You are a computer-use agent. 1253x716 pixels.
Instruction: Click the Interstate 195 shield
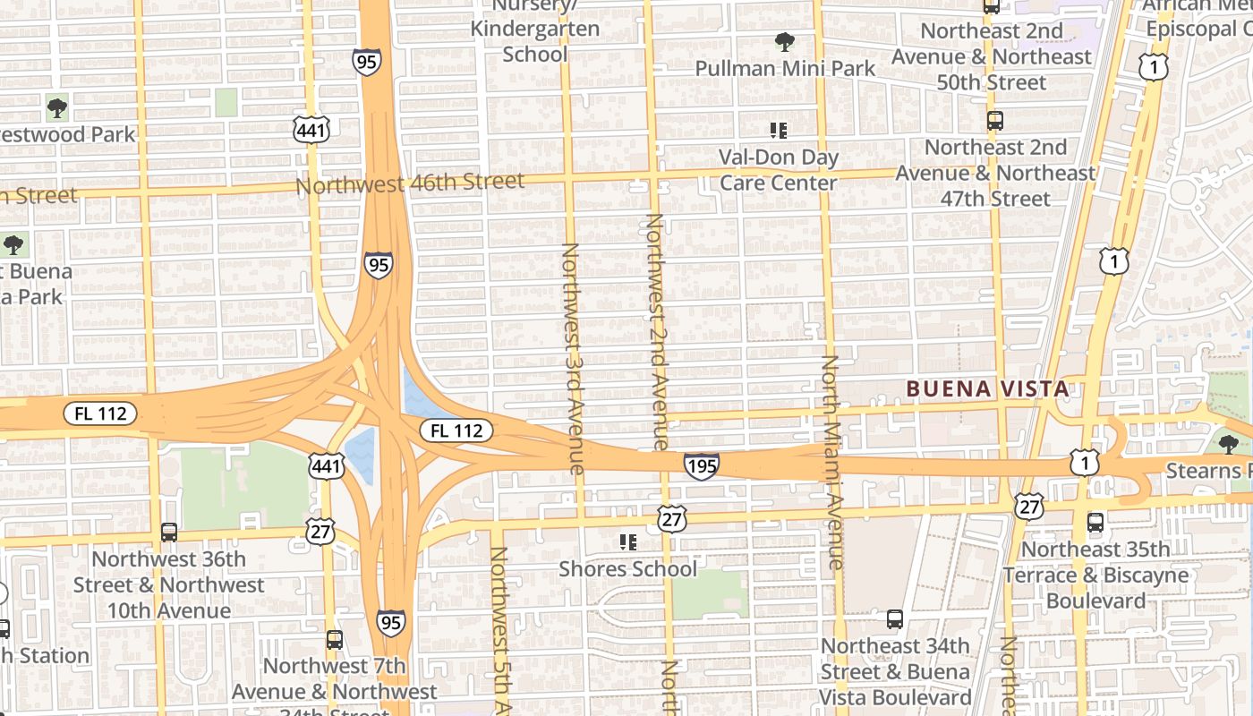pyautogui.click(x=701, y=465)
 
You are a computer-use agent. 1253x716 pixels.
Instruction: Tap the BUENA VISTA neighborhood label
pyautogui.click(x=987, y=388)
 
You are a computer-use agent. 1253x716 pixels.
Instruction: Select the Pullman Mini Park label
pyautogui.click(x=785, y=68)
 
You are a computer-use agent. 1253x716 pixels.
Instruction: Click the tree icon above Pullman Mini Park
pyautogui.click(x=785, y=41)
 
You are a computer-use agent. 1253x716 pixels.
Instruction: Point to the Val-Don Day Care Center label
pyautogui.click(x=779, y=170)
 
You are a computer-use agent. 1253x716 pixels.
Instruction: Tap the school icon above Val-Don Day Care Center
pyautogui.click(x=779, y=131)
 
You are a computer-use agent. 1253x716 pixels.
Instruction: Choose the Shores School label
pyautogui.click(x=627, y=568)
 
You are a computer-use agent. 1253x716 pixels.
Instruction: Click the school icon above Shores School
pyautogui.click(x=627, y=542)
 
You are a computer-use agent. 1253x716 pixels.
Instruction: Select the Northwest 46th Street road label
pyautogui.click(x=410, y=183)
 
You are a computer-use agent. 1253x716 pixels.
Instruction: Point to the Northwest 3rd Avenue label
pyautogui.click(x=573, y=358)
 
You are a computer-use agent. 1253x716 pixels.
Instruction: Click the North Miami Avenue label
pyautogui.click(x=831, y=462)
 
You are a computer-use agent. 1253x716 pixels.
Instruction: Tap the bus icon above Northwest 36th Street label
pyautogui.click(x=168, y=533)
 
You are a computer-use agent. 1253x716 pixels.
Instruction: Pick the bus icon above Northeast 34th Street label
pyautogui.click(x=894, y=619)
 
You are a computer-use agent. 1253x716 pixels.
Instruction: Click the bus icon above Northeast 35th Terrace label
pyautogui.click(x=1095, y=523)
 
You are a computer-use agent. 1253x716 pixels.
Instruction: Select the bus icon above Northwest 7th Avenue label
pyautogui.click(x=334, y=640)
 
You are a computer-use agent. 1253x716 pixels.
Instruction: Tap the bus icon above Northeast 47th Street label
pyautogui.click(x=994, y=121)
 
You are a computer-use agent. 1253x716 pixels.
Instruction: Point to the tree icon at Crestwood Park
pyautogui.click(x=57, y=108)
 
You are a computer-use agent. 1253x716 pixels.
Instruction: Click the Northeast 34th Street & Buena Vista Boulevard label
pyautogui.click(x=895, y=671)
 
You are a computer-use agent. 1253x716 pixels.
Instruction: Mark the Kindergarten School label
pyautogui.click(x=535, y=40)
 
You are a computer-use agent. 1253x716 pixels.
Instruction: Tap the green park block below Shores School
pyautogui.click(x=710, y=594)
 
